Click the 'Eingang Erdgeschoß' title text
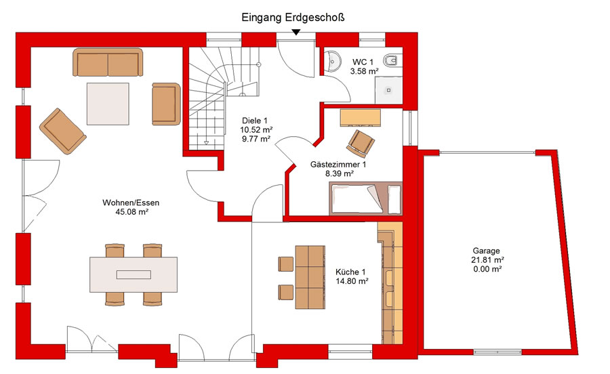293,18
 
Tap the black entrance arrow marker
296,33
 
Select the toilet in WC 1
390,61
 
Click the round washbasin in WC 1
332,61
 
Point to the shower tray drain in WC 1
388,90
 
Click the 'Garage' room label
486,251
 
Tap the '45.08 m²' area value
132,212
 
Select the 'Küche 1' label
350,272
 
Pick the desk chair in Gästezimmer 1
361,143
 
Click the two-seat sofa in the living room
108,62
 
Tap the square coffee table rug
108,104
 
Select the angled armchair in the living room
62,131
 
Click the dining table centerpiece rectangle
134,274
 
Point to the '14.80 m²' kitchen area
352,281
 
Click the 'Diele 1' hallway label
255,121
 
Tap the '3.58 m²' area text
365,71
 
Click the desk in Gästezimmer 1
361,118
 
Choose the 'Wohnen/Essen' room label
131,203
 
